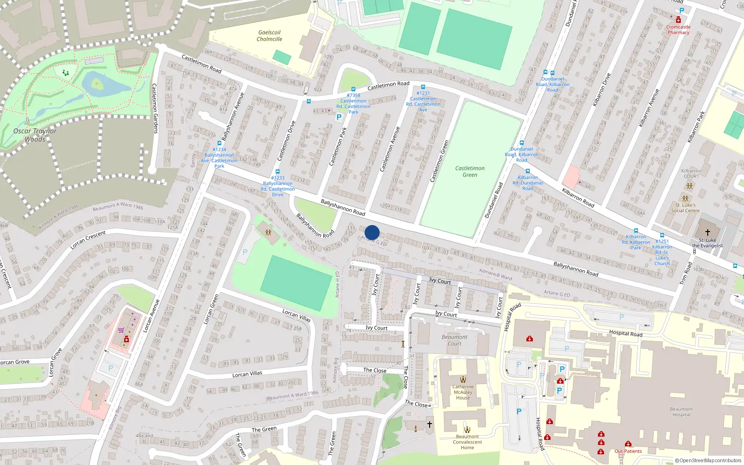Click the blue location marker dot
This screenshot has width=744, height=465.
tap(372, 232)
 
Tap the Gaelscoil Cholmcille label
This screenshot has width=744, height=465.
tap(269, 36)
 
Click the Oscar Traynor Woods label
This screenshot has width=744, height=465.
tap(35, 135)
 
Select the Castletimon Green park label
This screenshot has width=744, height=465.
tap(470, 172)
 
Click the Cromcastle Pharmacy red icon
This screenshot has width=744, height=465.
tap(678, 20)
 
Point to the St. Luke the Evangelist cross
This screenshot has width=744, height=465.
tap(707, 232)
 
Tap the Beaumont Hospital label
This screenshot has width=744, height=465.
tap(681, 412)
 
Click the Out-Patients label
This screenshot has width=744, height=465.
tap(628, 451)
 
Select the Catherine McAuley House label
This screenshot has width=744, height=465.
tap(463, 392)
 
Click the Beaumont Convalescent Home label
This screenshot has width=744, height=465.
tap(467, 442)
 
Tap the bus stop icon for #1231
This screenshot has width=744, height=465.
tap(423, 87)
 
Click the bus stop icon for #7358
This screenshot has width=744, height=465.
tap(353, 89)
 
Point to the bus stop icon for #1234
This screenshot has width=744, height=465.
tap(219, 144)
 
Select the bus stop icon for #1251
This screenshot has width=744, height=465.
tap(662, 236)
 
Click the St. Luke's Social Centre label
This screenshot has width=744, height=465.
tap(685, 207)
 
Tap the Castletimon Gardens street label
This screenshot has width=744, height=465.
tap(155, 108)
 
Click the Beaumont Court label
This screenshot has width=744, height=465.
tap(454, 340)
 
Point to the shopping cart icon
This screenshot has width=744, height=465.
tap(121, 331)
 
